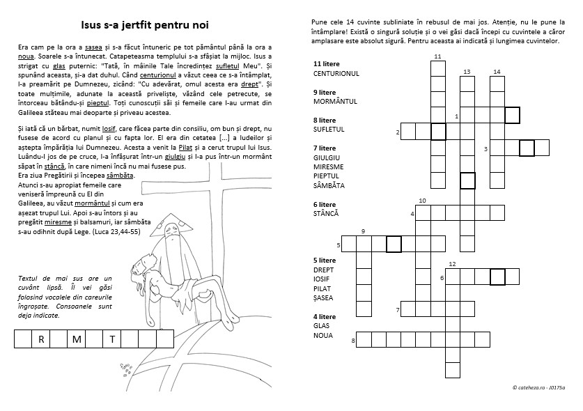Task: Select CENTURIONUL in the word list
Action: [x=336, y=73]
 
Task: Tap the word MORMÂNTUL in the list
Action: [x=335, y=102]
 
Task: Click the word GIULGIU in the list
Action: [x=327, y=158]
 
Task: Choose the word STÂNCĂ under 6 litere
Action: [x=326, y=213]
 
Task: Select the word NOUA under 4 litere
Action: [x=323, y=335]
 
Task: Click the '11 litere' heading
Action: [x=327, y=63]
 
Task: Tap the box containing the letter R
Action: [x=42, y=339]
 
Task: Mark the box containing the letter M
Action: [x=77, y=339]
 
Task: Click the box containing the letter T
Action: [x=111, y=339]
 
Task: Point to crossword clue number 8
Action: [x=354, y=341]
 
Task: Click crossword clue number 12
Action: [x=452, y=264]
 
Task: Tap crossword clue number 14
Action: [x=497, y=72]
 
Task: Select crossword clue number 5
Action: [x=339, y=245]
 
